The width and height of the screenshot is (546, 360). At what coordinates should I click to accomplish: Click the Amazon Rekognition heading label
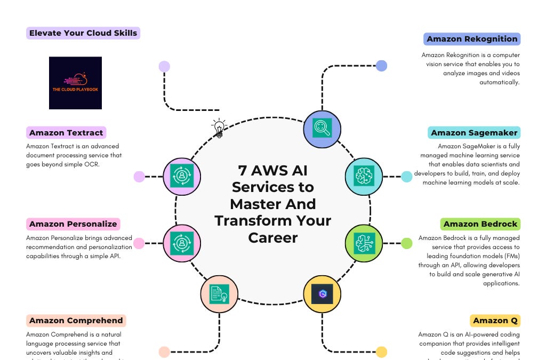(472, 39)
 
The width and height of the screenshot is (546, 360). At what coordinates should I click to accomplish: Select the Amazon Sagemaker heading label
(474, 133)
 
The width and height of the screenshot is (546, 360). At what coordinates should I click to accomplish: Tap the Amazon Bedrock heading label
(480, 224)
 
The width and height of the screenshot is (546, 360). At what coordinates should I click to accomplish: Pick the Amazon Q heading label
(495, 321)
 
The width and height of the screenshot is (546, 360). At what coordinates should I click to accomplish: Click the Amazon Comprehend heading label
(76, 321)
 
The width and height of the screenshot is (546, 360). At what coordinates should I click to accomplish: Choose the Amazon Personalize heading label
(73, 224)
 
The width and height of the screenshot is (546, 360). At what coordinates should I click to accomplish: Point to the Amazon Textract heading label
(66, 133)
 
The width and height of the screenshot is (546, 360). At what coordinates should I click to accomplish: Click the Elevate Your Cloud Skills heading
(83, 33)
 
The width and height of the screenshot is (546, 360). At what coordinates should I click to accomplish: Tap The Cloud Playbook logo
(75, 83)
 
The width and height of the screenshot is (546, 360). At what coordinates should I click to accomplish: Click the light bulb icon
(219, 128)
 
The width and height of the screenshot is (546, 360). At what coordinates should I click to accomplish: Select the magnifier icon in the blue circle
(322, 129)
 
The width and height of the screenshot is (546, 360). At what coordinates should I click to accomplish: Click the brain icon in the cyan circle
(364, 176)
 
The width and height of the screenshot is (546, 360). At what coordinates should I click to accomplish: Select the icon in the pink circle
(181, 243)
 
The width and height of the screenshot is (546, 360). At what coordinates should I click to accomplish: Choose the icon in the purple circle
(181, 176)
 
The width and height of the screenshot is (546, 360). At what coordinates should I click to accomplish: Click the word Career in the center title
(273, 237)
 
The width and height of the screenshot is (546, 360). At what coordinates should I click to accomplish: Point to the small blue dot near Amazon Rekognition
(381, 66)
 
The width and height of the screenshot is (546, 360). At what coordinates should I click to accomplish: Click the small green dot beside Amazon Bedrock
(406, 243)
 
